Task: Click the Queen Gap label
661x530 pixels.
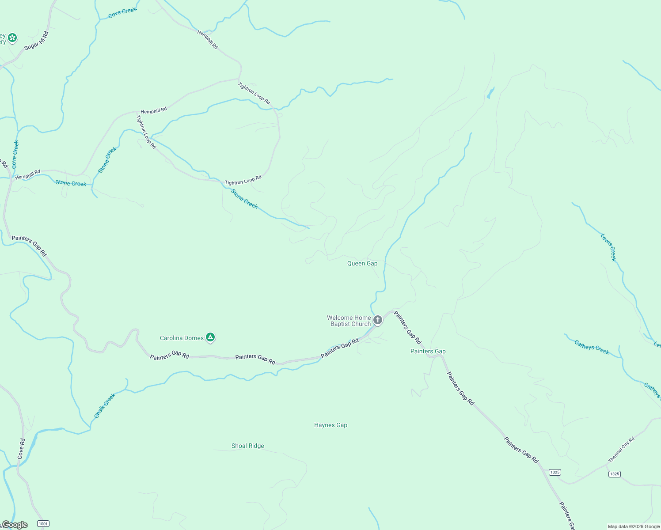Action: (x=362, y=264)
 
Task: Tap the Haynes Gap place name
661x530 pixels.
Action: (x=330, y=425)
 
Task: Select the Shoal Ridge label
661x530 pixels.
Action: (x=247, y=446)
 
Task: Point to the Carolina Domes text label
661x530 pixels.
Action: (x=182, y=338)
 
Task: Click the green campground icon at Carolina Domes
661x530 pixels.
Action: (x=211, y=338)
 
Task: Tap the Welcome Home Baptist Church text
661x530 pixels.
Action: (x=349, y=321)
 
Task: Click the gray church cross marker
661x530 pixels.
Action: (x=378, y=320)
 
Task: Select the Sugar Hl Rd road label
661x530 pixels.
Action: (x=36, y=41)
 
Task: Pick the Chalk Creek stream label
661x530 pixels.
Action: (x=105, y=406)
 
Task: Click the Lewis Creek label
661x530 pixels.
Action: (x=608, y=247)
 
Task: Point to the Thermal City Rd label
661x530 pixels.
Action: (x=621, y=450)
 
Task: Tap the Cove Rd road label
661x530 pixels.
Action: (x=21, y=449)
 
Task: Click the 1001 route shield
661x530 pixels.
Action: (x=43, y=524)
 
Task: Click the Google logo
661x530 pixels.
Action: (x=15, y=525)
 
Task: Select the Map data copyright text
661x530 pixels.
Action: (x=634, y=526)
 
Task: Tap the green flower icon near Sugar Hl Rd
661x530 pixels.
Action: (x=12, y=38)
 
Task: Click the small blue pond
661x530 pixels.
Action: (x=490, y=94)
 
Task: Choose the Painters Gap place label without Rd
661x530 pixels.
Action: (x=428, y=352)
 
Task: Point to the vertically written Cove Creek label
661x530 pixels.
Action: (x=15, y=155)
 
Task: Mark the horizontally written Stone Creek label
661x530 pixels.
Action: (x=71, y=183)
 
